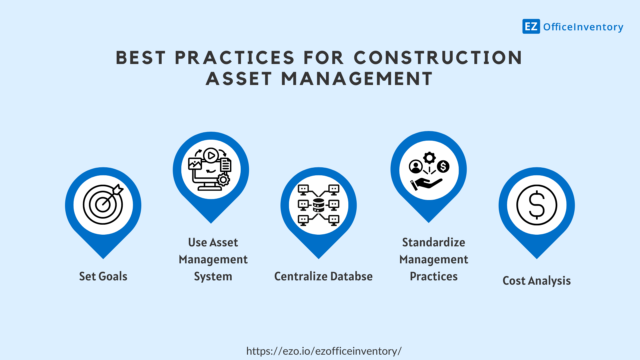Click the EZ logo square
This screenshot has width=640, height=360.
pyautogui.click(x=531, y=26)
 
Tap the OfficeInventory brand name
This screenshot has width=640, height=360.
pyautogui.click(x=583, y=27)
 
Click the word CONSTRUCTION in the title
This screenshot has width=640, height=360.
pyautogui.click(x=438, y=58)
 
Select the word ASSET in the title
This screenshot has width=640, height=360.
pyautogui.click(x=239, y=79)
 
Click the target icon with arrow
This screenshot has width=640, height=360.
pyautogui.click(x=103, y=204)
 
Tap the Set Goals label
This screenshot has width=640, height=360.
pyautogui.click(x=103, y=276)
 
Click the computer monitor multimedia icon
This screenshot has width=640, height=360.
pyautogui.click(x=210, y=169)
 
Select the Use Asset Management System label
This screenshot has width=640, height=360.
pyautogui.click(x=213, y=259)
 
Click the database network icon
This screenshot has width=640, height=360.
pyautogui.click(x=318, y=205)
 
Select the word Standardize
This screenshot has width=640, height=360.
pyautogui.click(x=433, y=242)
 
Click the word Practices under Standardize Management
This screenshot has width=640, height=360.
pyautogui.click(x=433, y=276)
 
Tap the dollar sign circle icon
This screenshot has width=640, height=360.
pyautogui.click(x=537, y=205)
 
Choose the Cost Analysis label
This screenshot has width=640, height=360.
pyautogui.click(x=536, y=281)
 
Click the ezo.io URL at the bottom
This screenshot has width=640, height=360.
pyautogui.click(x=324, y=351)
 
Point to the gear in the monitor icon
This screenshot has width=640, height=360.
pyautogui.click(x=223, y=180)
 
